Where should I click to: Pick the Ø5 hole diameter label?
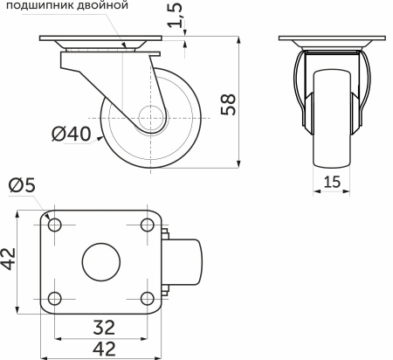21,186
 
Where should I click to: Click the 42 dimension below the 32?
103,350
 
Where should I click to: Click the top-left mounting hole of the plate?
56,226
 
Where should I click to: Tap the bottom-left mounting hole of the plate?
56,296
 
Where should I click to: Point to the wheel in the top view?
185,261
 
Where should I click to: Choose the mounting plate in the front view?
332,43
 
